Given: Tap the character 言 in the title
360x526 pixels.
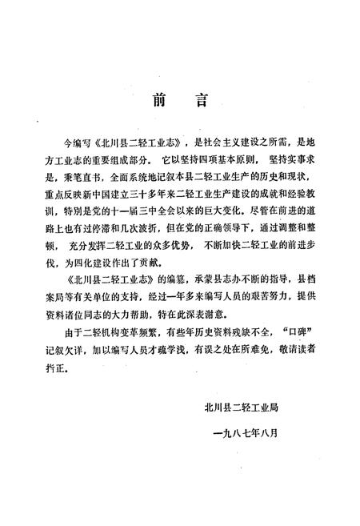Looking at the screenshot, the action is pyautogui.click(x=203, y=102).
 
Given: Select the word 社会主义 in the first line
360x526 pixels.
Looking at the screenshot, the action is pyautogui.click(x=209, y=137).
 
